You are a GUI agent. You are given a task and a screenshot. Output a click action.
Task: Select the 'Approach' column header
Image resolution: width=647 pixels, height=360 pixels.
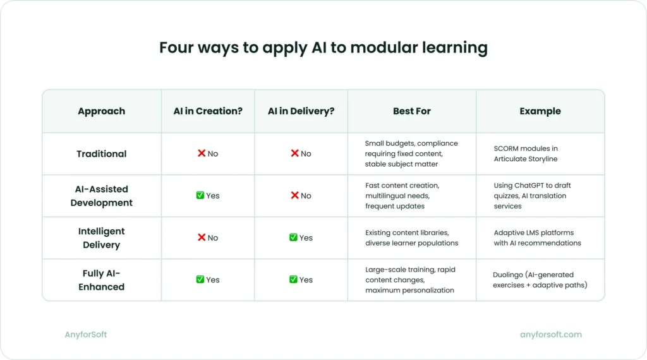[x=101, y=111]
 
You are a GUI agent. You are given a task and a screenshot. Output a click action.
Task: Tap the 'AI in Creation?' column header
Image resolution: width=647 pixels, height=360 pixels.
[x=208, y=111]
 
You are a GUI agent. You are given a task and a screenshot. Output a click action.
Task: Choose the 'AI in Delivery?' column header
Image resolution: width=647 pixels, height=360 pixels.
[x=301, y=111]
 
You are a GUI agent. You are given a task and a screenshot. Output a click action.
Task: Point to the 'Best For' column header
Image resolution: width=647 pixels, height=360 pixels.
[x=411, y=111]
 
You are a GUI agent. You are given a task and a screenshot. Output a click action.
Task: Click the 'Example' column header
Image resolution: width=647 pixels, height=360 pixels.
[x=540, y=111]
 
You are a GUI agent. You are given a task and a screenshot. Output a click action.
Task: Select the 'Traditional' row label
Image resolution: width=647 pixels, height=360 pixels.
[x=101, y=153]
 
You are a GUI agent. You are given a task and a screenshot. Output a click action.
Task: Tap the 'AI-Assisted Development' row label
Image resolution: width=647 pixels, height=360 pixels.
[x=101, y=196]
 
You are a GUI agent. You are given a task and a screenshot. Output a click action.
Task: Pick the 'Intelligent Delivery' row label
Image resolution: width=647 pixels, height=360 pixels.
[x=101, y=238]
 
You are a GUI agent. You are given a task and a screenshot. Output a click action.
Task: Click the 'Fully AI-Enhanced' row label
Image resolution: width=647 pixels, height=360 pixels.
[x=101, y=280]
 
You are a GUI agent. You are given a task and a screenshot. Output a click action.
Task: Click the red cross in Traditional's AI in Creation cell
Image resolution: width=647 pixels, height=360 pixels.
[x=202, y=153]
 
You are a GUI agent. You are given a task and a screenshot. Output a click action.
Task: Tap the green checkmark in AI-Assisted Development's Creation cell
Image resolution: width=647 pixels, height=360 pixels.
[x=200, y=196]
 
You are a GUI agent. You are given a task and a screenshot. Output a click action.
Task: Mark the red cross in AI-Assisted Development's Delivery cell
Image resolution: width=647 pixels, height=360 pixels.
[x=294, y=196]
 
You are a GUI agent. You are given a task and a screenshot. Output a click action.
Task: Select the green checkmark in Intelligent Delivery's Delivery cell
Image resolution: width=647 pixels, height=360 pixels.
[x=293, y=237]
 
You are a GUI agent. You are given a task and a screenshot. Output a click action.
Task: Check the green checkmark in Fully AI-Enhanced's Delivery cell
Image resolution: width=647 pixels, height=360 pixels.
[x=293, y=280]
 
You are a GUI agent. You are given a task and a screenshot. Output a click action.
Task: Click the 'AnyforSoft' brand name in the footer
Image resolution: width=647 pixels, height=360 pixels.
[x=86, y=335]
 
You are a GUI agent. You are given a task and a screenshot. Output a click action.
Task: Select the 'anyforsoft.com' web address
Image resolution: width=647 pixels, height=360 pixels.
[x=550, y=335]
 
